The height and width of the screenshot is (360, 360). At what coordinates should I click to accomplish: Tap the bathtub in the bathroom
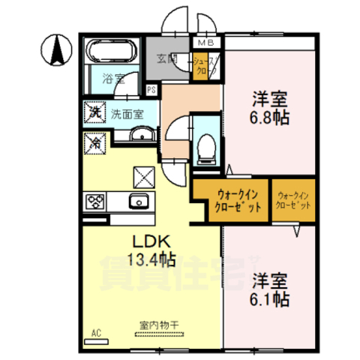click(110, 54)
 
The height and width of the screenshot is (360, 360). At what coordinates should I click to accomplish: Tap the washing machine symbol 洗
click(95, 113)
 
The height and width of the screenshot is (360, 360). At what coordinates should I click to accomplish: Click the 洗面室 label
click(125, 115)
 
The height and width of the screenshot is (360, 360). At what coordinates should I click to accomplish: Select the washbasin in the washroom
click(142, 135)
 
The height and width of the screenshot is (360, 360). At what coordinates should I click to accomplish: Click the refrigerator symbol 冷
click(95, 140)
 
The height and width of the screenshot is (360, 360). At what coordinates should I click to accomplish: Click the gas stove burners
click(95, 200)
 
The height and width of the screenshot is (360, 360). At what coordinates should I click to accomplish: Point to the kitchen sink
click(139, 201)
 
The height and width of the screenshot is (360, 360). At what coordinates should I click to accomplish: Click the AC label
click(95, 330)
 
